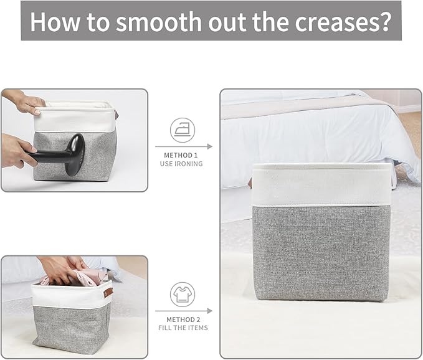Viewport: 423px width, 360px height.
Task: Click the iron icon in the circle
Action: tap(183, 130)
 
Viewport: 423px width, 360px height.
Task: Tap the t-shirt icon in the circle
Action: tap(183, 294)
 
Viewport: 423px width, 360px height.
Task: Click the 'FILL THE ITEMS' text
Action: tap(183, 328)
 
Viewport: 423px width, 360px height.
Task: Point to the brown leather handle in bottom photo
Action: tap(108, 292)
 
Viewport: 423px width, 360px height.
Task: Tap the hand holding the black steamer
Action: tap(15, 151)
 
